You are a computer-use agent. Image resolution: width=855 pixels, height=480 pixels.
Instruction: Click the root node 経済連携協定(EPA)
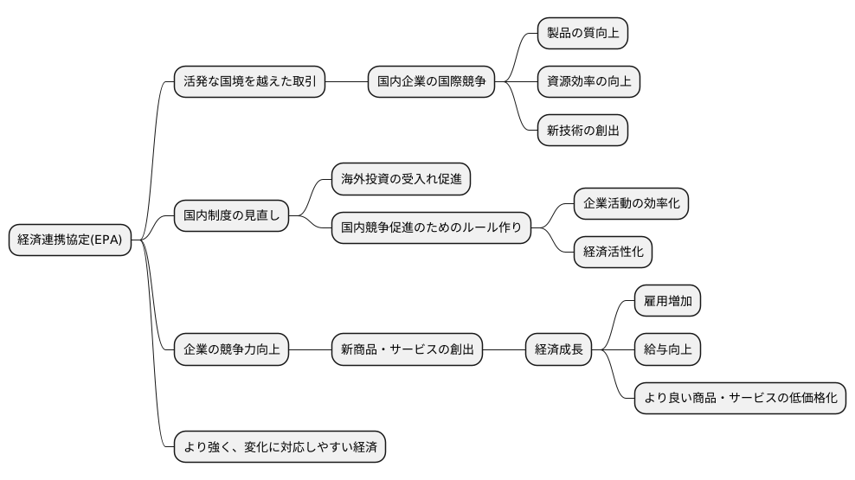pos(70,240)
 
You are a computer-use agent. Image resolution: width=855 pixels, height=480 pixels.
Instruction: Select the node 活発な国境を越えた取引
pos(249,82)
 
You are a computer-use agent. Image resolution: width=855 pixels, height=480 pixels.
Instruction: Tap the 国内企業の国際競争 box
pos(431,82)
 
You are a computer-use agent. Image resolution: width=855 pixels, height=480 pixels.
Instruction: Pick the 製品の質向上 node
pos(582,33)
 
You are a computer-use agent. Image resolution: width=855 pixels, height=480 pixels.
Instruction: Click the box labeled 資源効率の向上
pos(588,82)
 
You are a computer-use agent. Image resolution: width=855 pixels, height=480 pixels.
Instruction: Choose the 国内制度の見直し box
pos(230,214)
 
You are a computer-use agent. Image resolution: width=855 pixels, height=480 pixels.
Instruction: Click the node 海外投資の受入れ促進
pos(401,179)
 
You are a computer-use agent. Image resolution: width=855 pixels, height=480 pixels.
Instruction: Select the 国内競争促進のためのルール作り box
pos(431,227)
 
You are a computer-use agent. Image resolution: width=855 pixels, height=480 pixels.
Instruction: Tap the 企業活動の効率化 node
pos(631,203)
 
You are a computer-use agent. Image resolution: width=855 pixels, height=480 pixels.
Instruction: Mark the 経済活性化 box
pos(613,252)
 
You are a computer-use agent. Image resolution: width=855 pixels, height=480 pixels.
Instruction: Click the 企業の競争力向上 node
pos(230,350)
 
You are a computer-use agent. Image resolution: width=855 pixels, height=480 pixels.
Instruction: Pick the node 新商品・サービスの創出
pos(407,350)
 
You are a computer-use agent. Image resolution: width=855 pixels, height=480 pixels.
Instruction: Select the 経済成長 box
pos(559,350)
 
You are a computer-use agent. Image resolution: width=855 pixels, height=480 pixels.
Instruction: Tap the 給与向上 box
pos(667,349)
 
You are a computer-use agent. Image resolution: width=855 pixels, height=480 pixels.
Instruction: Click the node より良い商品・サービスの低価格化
pos(740,398)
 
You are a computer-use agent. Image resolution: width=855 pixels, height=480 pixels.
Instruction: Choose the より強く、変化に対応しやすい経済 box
pos(280,447)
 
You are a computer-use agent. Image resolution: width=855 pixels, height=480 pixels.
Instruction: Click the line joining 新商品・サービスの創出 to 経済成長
pos(504,350)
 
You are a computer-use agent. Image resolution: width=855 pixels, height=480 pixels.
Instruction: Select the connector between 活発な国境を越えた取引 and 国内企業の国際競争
pos(346,82)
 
